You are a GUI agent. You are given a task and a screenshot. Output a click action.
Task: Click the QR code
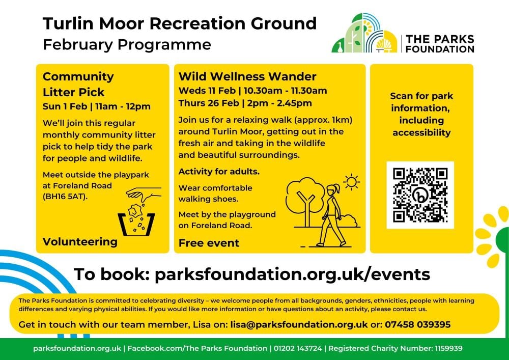[x=420, y=196]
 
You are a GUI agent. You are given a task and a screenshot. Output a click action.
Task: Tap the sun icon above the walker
[x=351, y=182]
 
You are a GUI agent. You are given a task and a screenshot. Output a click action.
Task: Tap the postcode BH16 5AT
[x=65, y=197]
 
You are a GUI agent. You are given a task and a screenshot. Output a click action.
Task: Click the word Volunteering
[x=80, y=241]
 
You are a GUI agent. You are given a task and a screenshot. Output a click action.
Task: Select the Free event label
[x=209, y=243]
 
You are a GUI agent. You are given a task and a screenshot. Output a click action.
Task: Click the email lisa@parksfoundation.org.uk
[x=299, y=324]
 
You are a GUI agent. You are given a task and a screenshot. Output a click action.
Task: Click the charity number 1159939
[x=448, y=349]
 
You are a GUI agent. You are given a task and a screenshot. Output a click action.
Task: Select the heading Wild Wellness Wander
[x=247, y=77]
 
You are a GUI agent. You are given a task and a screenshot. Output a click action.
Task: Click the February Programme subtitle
[x=127, y=44]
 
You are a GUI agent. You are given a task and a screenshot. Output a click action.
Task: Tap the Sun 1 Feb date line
[x=97, y=106]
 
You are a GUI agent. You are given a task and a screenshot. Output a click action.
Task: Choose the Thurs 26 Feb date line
[x=245, y=103]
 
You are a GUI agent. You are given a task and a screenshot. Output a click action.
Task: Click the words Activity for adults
[x=219, y=172]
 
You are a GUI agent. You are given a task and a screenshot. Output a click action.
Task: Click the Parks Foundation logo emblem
[x=364, y=33]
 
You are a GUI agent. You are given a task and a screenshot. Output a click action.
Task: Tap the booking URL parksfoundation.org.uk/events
[x=292, y=274]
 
